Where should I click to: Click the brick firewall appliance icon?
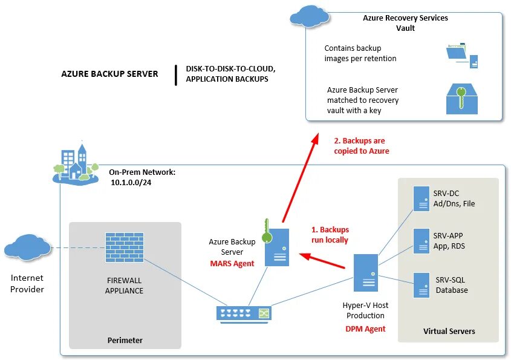pos(125,247)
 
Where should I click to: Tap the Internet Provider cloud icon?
pos(27,247)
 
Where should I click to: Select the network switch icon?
pos(244,315)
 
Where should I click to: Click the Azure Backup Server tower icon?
pos(277,247)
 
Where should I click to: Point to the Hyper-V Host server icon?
pos(366,273)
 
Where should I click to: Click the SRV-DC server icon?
pos(421,198)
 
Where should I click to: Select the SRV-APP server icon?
pos(421,241)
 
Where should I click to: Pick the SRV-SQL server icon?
pos(421,285)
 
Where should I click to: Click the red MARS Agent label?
pos(232,263)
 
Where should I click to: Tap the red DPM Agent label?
pos(365,329)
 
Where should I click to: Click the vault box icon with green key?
pos(462,99)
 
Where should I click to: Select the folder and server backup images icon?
pos(462,56)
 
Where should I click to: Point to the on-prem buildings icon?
pos(76,163)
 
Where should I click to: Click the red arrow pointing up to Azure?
pos(300,178)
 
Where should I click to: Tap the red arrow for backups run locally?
pos(322,261)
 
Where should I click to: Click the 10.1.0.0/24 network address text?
pos(131,183)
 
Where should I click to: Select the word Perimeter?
pos(125,340)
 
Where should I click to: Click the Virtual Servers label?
pos(449,332)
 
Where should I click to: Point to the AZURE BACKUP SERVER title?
pos(109,74)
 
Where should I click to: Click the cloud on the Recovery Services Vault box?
pos(310,16)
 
